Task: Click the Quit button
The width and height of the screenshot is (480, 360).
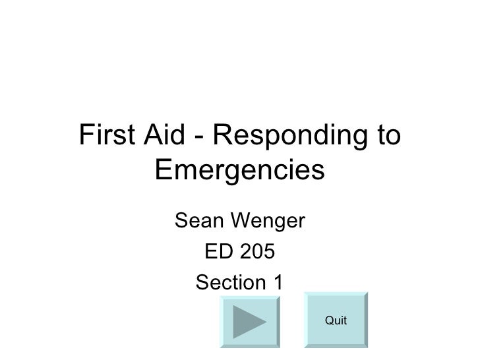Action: (336, 320)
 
